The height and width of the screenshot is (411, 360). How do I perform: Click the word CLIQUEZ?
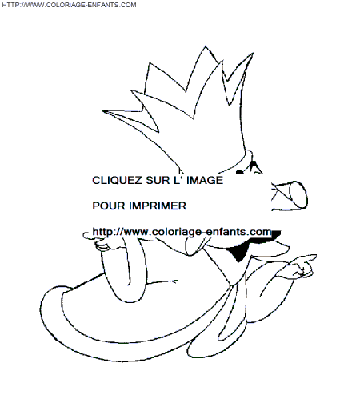(117, 181)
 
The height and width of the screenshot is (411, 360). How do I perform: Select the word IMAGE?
(205, 180)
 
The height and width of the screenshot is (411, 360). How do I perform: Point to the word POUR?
(109, 205)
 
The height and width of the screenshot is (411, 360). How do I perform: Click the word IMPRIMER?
(158, 205)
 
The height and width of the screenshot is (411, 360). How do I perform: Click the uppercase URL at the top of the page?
(69, 5)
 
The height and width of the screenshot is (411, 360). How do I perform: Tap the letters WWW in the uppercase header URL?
(34, 5)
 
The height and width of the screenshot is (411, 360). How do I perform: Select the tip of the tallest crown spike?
(205, 46)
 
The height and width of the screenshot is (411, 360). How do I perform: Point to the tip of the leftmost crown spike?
(103, 110)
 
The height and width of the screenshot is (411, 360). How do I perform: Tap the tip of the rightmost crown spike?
(253, 54)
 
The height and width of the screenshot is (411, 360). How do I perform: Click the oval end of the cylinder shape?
(298, 194)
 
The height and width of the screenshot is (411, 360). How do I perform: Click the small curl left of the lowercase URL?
(86, 234)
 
